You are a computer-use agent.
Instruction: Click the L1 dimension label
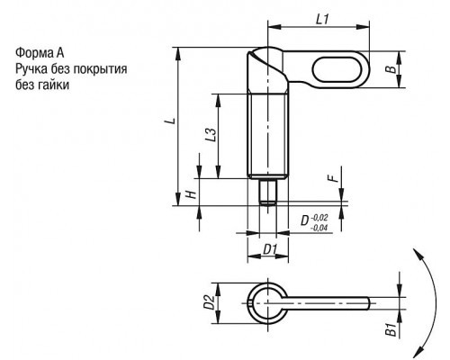(322, 20)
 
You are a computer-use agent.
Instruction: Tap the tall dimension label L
(171, 121)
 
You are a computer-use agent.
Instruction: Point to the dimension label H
(192, 194)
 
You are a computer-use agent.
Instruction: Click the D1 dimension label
(270, 249)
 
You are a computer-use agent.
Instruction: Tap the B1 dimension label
(391, 329)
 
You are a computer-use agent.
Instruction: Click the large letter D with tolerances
(305, 221)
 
